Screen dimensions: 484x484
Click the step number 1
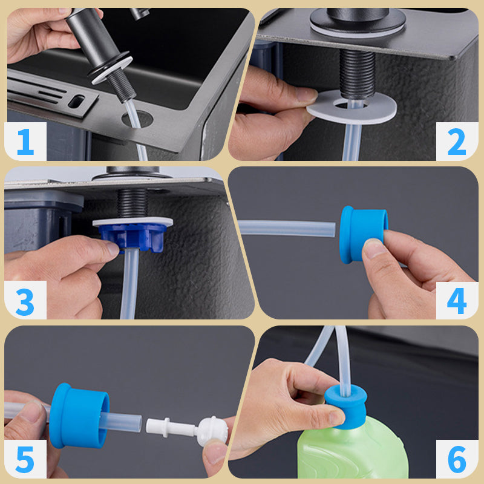pos(25,142)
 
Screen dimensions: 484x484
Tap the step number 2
pos(457,142)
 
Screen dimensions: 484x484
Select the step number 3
pos(25,301)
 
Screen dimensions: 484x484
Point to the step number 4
pos(457,301)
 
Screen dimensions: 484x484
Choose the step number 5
pos(25,460)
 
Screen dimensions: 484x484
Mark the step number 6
pos(457,460)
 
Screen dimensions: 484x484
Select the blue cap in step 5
pos(79,416)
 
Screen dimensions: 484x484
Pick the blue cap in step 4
pos(363,235)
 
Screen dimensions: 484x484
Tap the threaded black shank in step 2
pos(358,74)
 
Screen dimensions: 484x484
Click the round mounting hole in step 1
pos(137,119)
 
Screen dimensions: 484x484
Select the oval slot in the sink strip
pos(76,102)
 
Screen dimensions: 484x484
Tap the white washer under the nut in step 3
pos(132,221)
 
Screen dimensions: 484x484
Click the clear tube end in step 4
pos(333,229)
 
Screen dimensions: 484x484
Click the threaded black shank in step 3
pos(132,204)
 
